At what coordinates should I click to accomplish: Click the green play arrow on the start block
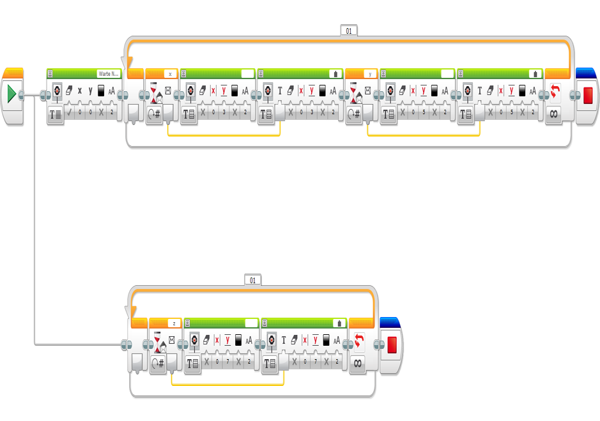pos(12,95)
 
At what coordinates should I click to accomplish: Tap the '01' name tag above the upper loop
pos(349,30)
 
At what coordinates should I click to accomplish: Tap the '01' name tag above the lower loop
pos(252,280)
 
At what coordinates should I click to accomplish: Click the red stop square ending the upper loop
pos(588,96)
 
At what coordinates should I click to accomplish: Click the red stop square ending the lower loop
pos(392,345)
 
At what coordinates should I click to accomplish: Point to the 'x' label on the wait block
pos(170,74)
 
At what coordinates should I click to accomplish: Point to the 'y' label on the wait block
pos(369,74)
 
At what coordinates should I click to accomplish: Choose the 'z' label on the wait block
pos(174,323)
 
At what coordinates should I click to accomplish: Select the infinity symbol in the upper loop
pos(553,115)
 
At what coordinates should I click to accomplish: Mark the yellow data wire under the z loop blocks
pos(227,385)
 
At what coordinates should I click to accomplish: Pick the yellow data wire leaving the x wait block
pos(224,136)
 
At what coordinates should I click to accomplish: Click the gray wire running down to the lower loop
pos(34,223)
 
